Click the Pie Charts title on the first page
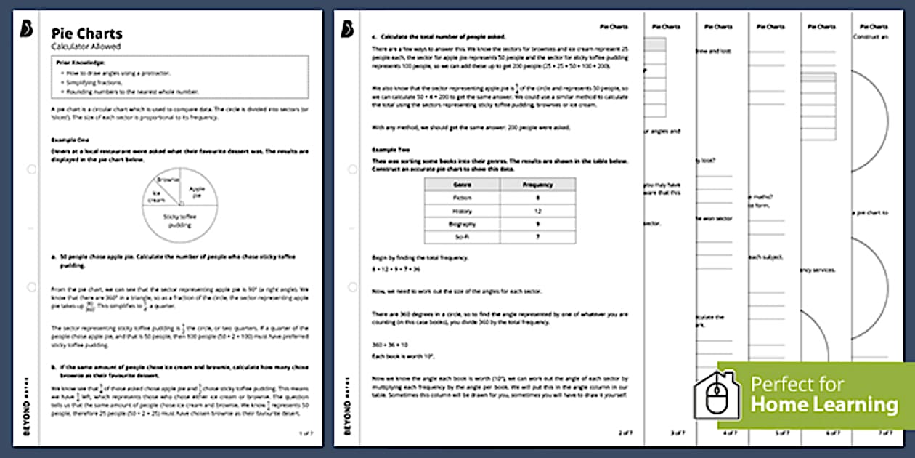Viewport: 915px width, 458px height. [x=86, y=33]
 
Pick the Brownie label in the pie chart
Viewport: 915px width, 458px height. [x=168, y=180]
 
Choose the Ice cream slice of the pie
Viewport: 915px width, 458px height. [x=159, y=196]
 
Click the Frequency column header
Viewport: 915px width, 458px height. [x=537, y=185]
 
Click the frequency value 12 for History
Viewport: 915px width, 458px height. [x=537, y=211]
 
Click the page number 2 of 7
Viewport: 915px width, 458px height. [x=625, y=433]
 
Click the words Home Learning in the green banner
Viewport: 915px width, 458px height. [x=824, y=404]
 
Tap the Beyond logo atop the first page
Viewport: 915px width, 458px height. [x=28, y=29]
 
